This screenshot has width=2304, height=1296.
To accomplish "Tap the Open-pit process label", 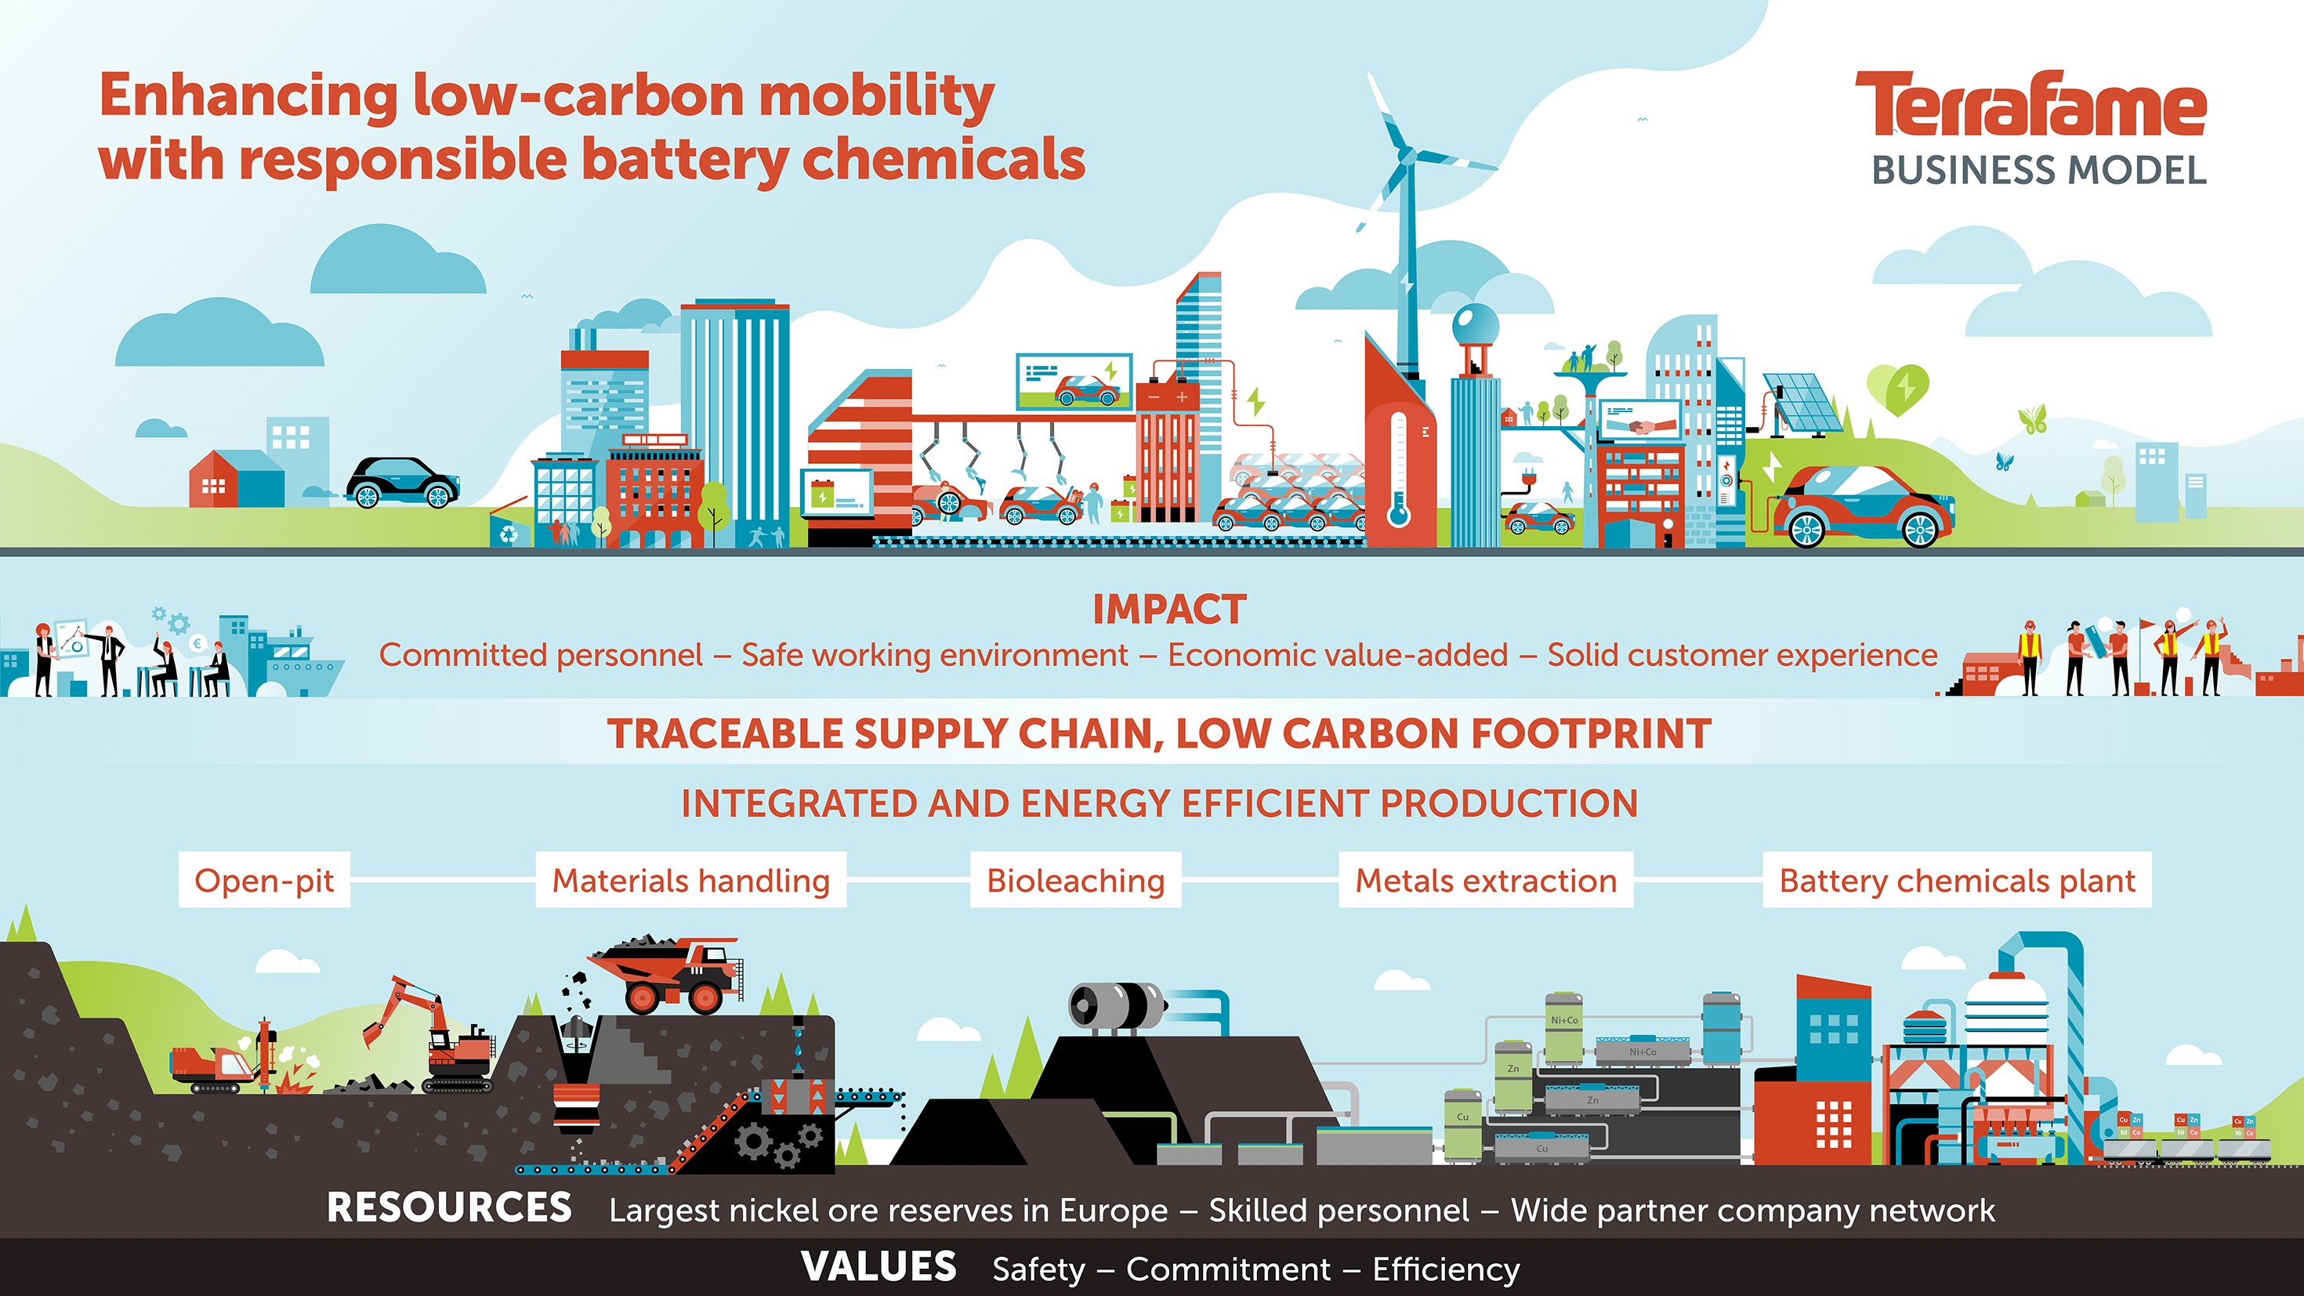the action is click(264, 880).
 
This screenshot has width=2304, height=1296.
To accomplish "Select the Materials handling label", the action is click(690, 880).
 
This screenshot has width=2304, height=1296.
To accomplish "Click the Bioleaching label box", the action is click(1076, 880).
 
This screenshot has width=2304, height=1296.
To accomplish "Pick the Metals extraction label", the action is click(1486, 880).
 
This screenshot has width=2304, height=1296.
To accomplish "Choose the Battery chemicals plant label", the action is click(1957, 880).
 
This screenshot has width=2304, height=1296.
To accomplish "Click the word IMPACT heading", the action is click(1169, 610).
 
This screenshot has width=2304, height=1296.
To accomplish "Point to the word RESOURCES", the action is click(449, 1207).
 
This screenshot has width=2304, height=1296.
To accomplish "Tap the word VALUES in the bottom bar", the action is click(878, 1266).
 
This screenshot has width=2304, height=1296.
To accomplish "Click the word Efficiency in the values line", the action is click(1445, 1270).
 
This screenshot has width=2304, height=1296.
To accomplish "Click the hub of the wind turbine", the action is click(1406, 157).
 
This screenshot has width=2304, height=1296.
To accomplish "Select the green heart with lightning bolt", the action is click(1897, 389).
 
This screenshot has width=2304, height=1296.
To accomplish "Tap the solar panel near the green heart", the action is click(1802, 404).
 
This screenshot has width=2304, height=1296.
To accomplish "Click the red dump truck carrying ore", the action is click(666, 975).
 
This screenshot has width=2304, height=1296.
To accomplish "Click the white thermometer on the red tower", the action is click(1399, 469).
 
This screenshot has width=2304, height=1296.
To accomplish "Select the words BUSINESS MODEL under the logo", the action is click(2039, 170).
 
